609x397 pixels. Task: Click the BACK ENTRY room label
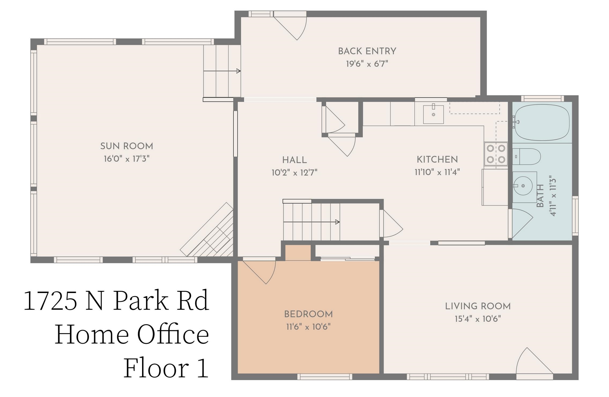[367, 51]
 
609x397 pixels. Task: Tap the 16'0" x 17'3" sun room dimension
[127, 159]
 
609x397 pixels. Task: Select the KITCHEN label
[437, 159]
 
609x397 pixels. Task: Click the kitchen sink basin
[433, 114]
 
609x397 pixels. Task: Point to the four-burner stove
[496, 154]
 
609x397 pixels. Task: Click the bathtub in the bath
[542, 123]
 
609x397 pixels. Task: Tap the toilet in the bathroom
[527, 157]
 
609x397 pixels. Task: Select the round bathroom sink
[523, 186]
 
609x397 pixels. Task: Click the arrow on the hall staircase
[337, 222]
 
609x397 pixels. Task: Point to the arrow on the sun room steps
[238, 71]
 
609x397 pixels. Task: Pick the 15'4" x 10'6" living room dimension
[478, 319]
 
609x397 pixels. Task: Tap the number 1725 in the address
[51, 301]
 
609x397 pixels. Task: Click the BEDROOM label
[308, 314]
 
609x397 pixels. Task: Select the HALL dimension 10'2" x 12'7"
[294, 173]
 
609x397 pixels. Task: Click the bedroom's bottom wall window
[325, 377]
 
